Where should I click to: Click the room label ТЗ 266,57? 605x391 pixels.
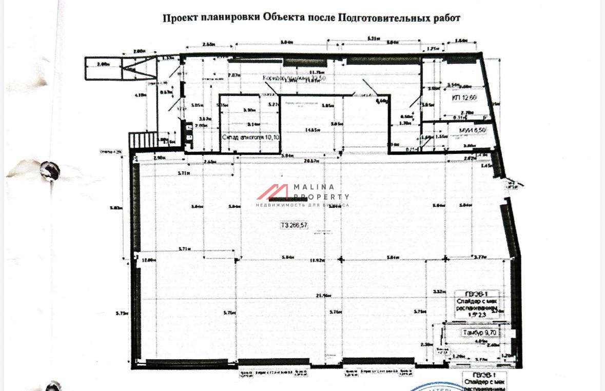(x=294, y=225)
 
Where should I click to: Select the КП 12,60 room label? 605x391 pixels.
(x=464, y=97)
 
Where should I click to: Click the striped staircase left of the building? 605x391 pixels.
(x=138, y=140)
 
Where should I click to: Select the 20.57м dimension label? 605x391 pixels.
(x=312, y=161)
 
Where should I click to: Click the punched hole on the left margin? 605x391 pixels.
(x=50, y=170)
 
